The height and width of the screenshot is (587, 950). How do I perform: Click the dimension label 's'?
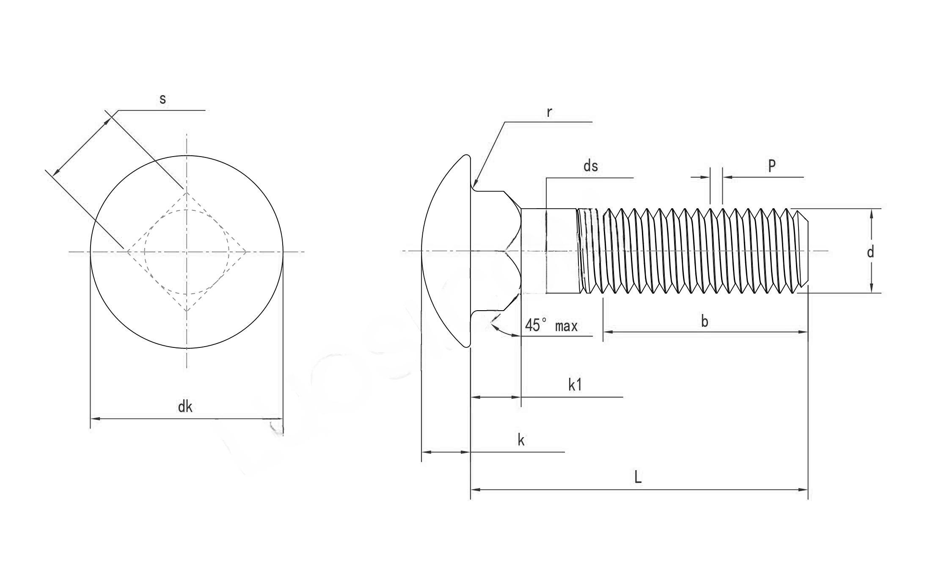point(162,99)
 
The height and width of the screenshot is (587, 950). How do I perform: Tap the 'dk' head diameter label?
point(185,407)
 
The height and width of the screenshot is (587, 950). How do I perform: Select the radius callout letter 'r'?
point(549,113)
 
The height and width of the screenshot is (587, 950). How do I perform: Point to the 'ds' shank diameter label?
point(591,166)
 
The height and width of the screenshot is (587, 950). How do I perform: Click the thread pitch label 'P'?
point(772,165)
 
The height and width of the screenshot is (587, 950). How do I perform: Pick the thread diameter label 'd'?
point(870,252)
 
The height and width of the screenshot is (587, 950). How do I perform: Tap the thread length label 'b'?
point(705,322)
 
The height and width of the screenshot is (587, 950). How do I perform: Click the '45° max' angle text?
point(551,325)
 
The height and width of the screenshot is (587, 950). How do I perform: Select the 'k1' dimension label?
point(575,385)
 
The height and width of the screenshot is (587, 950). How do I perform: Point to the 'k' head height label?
point(521,441)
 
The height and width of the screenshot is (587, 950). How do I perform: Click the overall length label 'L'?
point(638,478)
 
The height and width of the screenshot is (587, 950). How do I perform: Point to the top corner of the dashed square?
point(187,193)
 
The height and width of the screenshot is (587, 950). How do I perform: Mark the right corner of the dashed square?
point(247,252)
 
